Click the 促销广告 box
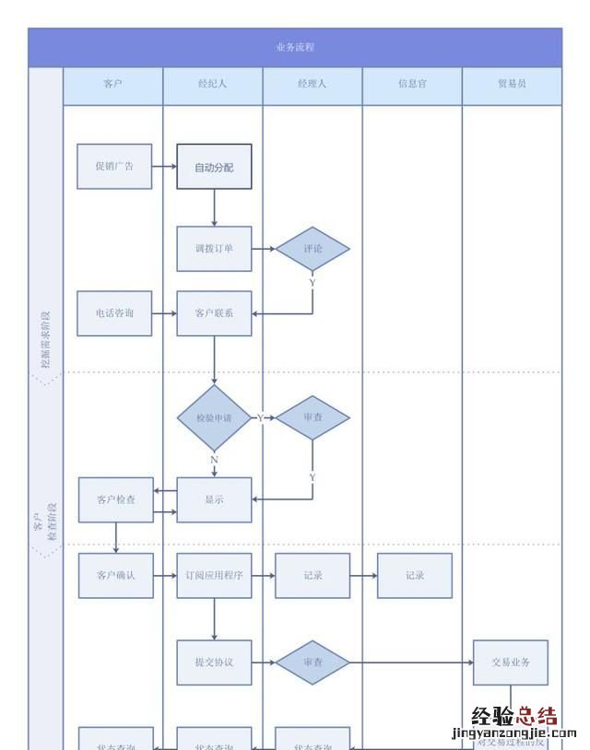coord(114,167)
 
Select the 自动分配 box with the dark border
coord(214,167)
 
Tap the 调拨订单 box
coord(214,249)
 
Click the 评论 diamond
coord(313,249)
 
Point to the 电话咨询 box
coord(114,313)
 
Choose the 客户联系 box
coord(214,313)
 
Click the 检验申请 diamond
coord(214,417)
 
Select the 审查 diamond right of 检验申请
coord(313,417)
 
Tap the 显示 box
coord(214,499)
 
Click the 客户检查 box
coord(115,499)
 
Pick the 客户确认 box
coord(115,575)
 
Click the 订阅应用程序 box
coord(214,575)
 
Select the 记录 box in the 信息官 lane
coord(414,575)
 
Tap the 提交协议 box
coord(214,662)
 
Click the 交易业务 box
coord(510,662)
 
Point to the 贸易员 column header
coord(512,84)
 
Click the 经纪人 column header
coord(213,84)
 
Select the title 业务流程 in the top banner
coord(295,47)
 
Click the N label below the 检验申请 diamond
coord(214,459)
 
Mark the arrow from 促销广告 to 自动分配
coord(164,167)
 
